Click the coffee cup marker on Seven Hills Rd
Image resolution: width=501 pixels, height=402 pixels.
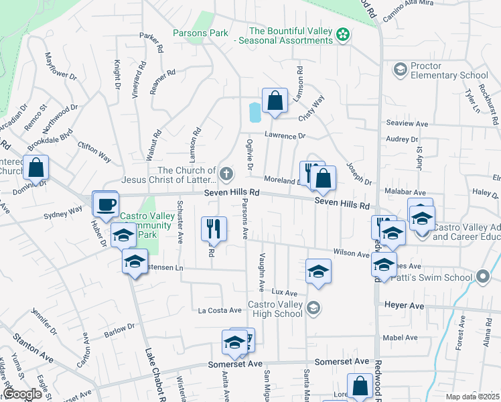(x=105, y=204)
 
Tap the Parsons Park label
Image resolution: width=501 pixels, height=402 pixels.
(x=200, y=33)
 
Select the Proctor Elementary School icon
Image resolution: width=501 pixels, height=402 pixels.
(x=400, y=70)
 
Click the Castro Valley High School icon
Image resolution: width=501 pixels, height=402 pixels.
(x=313, y=309)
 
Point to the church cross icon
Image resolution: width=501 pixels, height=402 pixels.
(x=226, y=175)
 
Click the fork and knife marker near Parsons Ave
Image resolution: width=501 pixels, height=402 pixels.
(x=214, y=228)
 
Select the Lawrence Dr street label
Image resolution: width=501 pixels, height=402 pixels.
(x=284, y=136)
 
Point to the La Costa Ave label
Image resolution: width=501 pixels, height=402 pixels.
(x=219, y=310)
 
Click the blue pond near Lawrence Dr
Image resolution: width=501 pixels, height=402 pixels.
(x=255, y=113)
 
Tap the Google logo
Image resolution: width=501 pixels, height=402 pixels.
(x=23, y=394)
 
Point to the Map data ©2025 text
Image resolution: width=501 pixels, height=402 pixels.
(x=472, y=397)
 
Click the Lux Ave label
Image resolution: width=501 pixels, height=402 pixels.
(x=284, y=293)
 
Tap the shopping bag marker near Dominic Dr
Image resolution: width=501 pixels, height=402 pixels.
(x=35, y=167)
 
